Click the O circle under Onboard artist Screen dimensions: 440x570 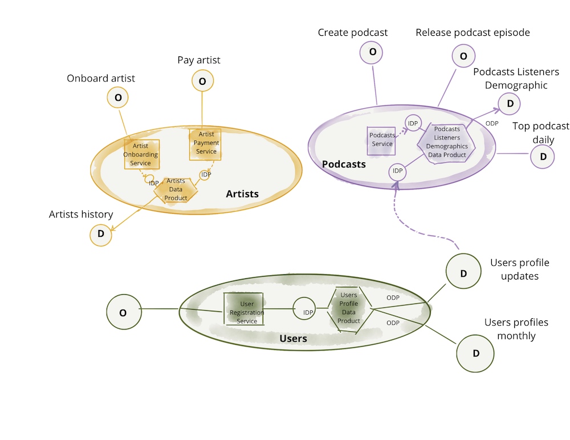118,97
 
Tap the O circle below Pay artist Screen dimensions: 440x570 202,81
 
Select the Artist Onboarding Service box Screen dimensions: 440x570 141,154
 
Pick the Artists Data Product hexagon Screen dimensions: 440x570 176,190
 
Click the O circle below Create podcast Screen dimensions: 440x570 372,52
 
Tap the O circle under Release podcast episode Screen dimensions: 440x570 463,56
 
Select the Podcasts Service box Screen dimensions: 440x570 382,140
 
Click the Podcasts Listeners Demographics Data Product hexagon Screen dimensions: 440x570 447,142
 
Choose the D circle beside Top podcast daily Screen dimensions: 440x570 543,157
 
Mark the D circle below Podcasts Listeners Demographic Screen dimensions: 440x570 510,104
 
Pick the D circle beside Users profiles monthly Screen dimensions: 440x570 476,353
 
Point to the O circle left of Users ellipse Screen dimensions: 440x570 123,312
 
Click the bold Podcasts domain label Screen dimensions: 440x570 344,164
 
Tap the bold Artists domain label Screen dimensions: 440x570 242,194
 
